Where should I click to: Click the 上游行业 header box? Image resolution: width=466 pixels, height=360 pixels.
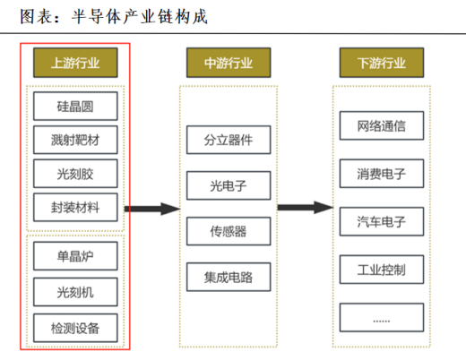(x=75, y=63)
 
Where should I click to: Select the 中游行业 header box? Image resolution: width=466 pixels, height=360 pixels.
(x=229, y=63)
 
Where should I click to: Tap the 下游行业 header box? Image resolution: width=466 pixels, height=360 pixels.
(x=382, y=63)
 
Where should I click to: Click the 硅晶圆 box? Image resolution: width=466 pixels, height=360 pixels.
(x=75, y=106)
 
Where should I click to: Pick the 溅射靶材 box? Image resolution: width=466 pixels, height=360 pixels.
(x=75, y=140)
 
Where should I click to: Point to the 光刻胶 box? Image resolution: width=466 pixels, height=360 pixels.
(x=75, y=174)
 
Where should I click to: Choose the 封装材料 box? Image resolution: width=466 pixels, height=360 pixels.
(x=75, y=207)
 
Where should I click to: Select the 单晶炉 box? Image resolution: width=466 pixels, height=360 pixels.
(x=75, y=256)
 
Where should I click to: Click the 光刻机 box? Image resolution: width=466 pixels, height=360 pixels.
(x=75, y=292)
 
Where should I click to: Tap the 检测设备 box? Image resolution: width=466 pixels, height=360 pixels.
(x=75, y=328)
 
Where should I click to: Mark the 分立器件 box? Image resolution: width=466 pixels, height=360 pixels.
(x=229, y=140)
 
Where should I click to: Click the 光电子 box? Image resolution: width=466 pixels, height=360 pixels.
(x=229, y=185)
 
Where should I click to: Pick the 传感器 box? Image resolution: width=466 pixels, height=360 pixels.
(x=229, y=231)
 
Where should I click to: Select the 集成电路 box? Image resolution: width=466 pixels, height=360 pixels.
(x=229, y=277)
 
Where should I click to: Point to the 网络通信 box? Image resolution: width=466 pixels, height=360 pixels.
(x=382, y=125)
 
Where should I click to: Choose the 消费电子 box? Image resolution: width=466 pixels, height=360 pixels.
(x=382, y=174)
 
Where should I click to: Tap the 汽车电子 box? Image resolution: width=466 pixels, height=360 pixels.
(x=382, y=221)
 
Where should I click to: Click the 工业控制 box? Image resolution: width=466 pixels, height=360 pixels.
(x=382, y=270)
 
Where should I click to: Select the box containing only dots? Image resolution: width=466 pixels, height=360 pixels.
(x=382, y=317)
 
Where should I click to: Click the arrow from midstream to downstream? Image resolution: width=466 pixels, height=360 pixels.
(x=305, y=207)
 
